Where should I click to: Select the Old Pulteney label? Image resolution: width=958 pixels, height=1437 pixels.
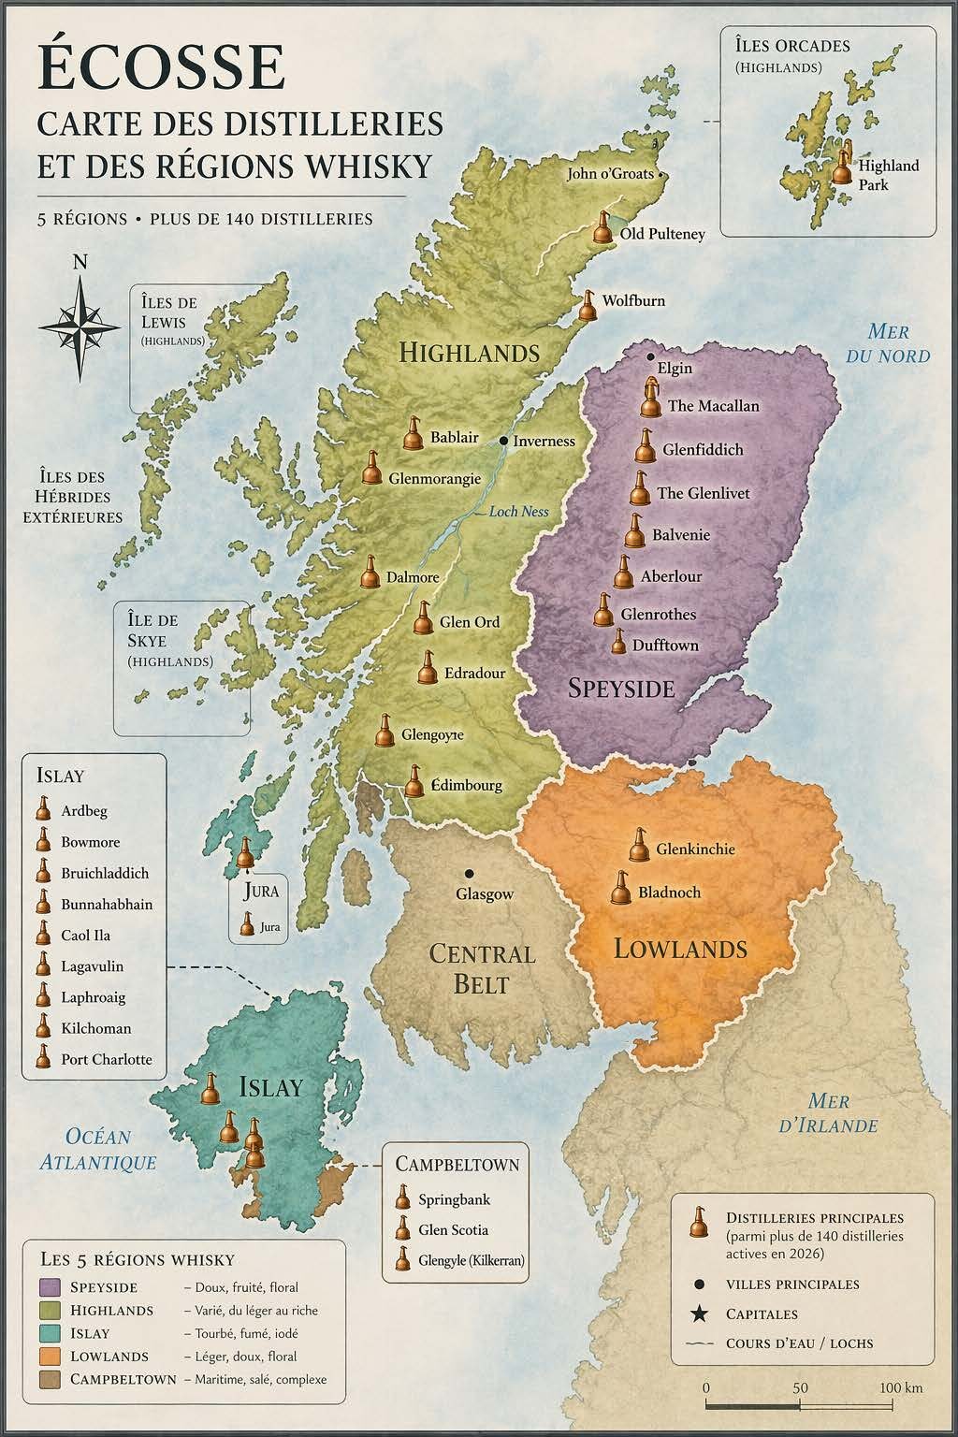(662, 234)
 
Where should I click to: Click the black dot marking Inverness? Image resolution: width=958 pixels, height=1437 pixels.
(503, 440)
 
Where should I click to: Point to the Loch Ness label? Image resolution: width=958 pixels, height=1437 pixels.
(517, 512)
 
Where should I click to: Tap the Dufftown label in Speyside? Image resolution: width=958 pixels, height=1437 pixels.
(665, 646)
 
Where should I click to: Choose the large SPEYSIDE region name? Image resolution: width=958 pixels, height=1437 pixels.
(621, 689)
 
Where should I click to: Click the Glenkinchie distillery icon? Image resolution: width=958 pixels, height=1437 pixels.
(640, 846)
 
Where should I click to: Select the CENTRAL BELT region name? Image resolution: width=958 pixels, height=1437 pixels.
(482, 969)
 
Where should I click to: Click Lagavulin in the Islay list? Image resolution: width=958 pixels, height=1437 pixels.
(92, 966)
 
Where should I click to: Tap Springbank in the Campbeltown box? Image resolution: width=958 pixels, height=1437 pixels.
(454, 1199)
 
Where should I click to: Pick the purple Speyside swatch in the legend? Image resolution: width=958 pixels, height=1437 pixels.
(51, 1287)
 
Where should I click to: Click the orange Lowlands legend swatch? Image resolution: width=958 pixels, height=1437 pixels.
(51, 1356)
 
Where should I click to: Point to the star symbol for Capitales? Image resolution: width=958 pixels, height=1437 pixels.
(697, 1314)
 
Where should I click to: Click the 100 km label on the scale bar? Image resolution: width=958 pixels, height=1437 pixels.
(901, 1387)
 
